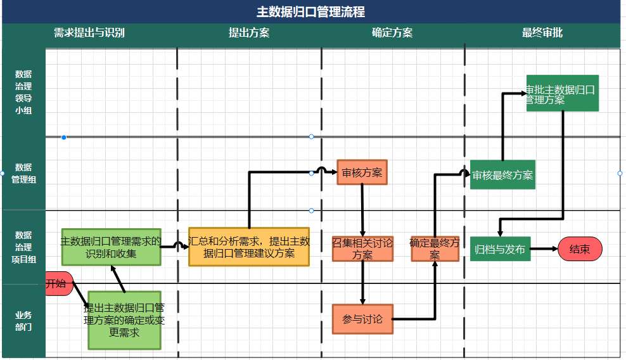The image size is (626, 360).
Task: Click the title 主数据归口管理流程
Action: [x=310, y=11]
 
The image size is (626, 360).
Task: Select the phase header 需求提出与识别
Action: [x=89, y=33]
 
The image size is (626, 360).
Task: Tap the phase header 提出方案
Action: [x=249, y=33]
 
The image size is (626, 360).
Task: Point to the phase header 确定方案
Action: [x=392, y=33]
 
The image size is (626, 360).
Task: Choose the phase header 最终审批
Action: [x=542, y=33]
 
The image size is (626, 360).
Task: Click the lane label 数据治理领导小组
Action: [x=23, y=92]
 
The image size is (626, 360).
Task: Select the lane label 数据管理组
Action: [x=23, y=173]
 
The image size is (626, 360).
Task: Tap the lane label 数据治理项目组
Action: [x=23, y=247]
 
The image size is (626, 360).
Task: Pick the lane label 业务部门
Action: [x=23, y=321]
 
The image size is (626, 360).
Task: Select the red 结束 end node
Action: [x=580, y=249]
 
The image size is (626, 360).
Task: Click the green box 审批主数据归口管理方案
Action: [x=562, y=93]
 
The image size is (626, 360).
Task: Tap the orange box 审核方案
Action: [x=362, y=172]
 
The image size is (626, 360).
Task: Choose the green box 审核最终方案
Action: [x=502, y=175]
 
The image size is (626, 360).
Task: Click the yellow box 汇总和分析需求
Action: [x=249, y=247]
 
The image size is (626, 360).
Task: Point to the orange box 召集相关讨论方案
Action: [x=362, y=248]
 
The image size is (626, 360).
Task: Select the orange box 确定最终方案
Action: [x=435, y=248]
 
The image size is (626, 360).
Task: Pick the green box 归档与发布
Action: [x=500, y=249]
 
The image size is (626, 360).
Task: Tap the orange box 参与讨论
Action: [x=362, y=319]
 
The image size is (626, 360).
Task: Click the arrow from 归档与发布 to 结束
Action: [x=544, y=249]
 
